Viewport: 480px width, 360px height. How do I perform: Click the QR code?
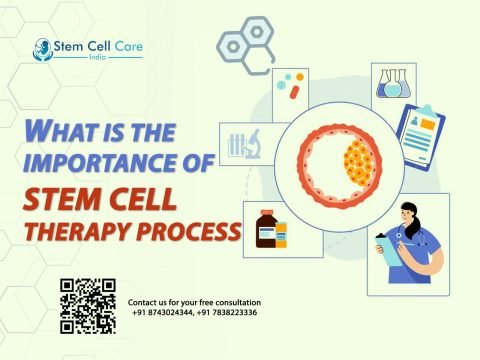tap(88, 304)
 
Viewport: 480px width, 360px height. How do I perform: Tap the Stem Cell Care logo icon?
tap(42, 46)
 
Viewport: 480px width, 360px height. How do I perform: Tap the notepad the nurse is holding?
tap(384, 246)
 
